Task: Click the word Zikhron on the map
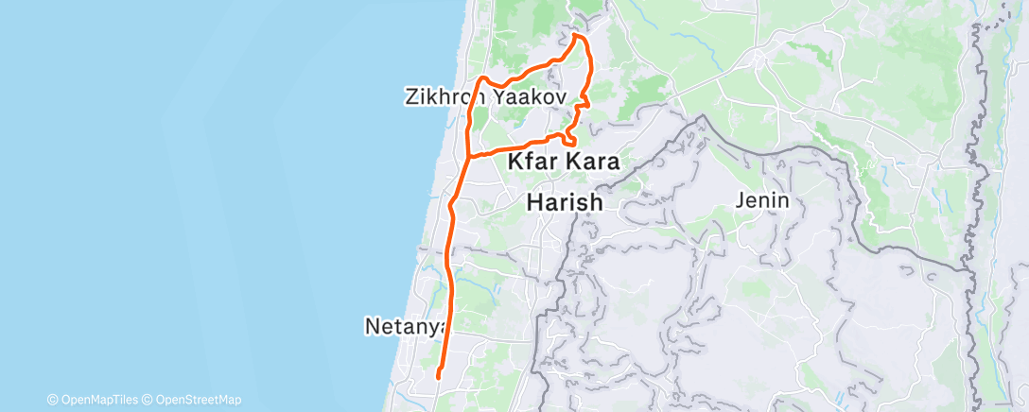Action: (445, 97)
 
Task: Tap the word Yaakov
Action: (528, 97)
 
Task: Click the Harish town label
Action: (564, 202)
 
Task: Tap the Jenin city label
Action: (766, 200)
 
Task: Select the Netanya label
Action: (404, 327)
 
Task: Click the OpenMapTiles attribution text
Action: (96, 400)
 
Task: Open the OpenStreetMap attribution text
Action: (198, 400)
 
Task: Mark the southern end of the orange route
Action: (438, 378)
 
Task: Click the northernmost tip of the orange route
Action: (576, 36)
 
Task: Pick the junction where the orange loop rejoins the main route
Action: (470, 154)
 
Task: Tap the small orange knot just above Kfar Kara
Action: (569, 140)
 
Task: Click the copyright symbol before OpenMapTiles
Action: (52, 400)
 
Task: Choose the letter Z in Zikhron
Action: (410, 97)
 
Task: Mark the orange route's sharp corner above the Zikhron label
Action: (482, 77)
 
